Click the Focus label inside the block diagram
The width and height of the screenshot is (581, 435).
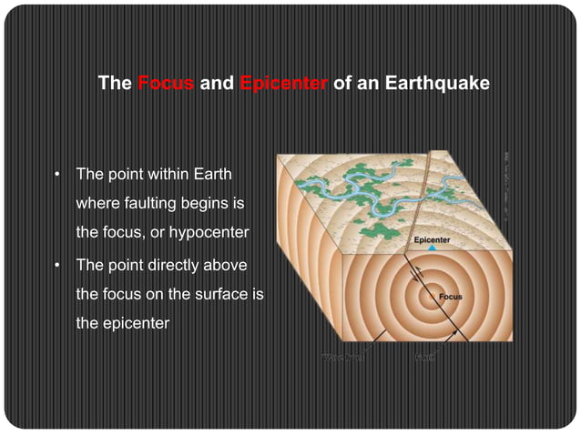(451, 297)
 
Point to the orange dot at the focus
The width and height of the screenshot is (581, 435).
(431, 295)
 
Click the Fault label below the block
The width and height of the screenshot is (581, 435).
(424, 357)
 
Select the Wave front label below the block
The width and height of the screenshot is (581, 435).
(341, 357)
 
